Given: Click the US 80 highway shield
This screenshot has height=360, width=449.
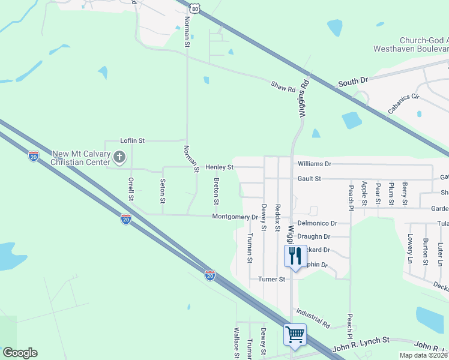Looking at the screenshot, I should click(x=193, y=7).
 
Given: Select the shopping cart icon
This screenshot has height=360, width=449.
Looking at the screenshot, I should click(x=295, y=335).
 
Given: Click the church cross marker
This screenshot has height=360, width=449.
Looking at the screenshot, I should click(x=119, y=158).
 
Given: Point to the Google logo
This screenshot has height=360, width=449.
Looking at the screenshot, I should click(x=20, y=353).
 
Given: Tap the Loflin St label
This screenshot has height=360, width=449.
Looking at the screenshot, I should click(x=133, y=140).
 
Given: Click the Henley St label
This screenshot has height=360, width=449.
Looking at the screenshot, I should click(x=219, y=167).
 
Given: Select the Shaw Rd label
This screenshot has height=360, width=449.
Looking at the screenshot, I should click(x=283, y=88).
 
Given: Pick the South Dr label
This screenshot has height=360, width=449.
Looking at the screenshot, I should click(x=352, y=82).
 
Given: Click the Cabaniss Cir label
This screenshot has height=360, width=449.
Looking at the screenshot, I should click(x=403, y=103).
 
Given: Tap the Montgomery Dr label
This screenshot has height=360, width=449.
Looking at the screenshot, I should click(x=235, y=217).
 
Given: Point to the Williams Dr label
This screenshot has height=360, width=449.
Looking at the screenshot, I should click(x=314, y=163).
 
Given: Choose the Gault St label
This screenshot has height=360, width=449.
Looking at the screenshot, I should click(x=310, y=179).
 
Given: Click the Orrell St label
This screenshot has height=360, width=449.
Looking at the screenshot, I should click(x=131, y=189).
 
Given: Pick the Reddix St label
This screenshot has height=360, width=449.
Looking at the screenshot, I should click(x=277, y=218).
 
